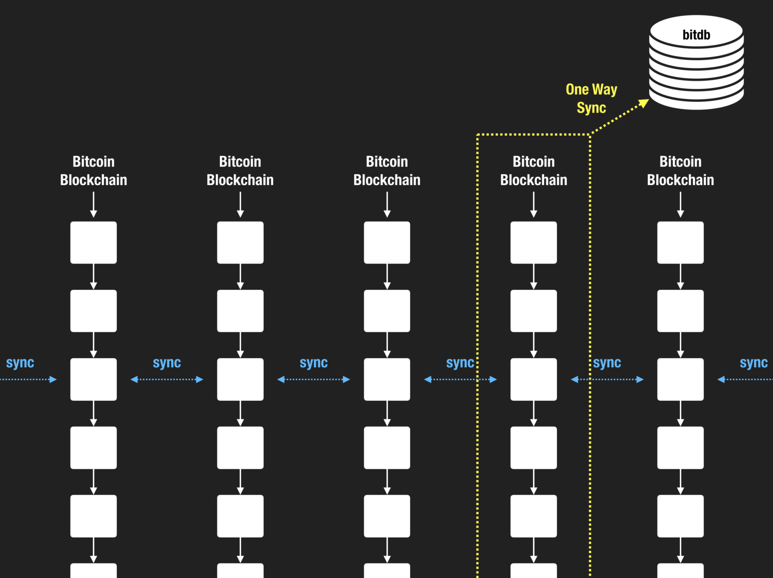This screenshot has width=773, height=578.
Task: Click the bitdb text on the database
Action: tap(696, 35)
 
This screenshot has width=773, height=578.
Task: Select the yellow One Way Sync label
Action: tap(591, 99)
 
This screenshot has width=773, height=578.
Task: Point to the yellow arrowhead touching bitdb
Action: tap(644, 103)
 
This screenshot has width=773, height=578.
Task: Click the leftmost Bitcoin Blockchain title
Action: tap(94, 170)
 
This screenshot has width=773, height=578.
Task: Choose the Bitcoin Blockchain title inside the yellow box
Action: tap(534, 170)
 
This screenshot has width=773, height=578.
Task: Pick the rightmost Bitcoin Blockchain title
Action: tap(680, 170)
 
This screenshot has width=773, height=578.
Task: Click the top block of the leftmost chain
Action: tap(94, 242)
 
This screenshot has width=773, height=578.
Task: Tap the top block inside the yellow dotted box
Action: tap(534, 242)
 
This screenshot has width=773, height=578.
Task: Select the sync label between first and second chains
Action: tap(167, 363)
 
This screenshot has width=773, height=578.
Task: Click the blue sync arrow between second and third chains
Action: tap(314, 380)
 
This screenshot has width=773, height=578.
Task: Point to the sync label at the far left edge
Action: tap(20, 363)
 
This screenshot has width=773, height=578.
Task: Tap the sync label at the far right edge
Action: tap(753, 363)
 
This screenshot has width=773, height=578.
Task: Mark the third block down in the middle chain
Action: tap(387, 380)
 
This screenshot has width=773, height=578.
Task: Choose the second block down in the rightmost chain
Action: tap(680, 311)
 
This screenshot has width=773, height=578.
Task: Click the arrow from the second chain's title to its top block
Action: tap(240, 205)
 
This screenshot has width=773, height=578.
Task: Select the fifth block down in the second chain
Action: tap(240, 516)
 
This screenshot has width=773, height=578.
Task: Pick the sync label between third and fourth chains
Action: tap(460, 363)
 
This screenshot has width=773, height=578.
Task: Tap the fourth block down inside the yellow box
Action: tap(534, 448)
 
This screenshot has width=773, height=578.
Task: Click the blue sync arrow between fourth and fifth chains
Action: tap(607, 380)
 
